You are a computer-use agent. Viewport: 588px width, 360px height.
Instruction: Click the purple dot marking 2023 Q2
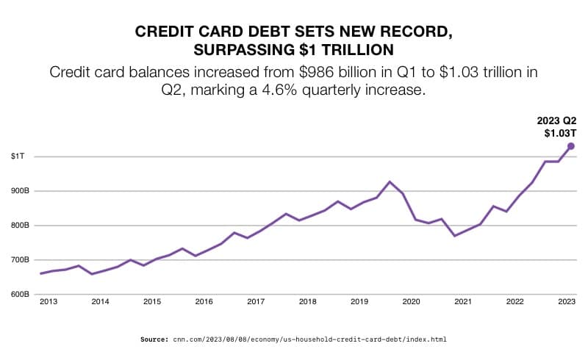[570, 146]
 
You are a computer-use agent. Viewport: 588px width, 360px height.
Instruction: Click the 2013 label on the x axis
[49, 302]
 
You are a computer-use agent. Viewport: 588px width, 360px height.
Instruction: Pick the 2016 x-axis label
[204, 302]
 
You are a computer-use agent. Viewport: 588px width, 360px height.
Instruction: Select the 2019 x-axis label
[359, 302]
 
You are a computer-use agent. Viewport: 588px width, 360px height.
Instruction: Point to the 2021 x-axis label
[462, 302]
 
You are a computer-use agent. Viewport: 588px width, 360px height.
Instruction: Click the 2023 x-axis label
[566, 302]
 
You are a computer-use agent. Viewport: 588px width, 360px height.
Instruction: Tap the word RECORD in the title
[414, 32]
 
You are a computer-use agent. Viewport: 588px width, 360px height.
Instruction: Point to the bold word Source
[154, 339]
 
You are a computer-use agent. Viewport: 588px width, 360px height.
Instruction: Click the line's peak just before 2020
[390, 181]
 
